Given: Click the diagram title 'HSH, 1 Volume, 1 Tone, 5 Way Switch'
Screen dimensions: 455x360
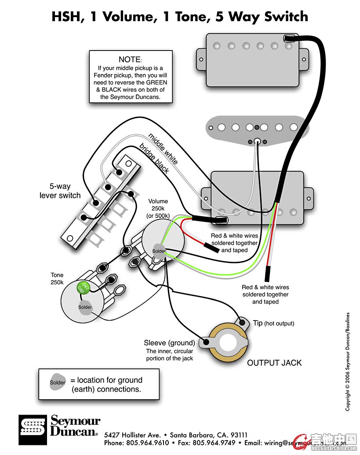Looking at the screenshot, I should pyautogui.click(x=180, y=17).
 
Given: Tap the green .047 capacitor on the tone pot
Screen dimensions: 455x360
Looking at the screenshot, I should pyautogui.click(x=82, y=287).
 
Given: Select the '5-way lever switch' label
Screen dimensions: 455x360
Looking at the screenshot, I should pyautogui.click(x=60, y=191).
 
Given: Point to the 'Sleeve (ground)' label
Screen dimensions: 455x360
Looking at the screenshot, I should pyautogui.click(x=169, y=343).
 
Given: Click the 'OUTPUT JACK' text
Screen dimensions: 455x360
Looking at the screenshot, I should pyautogui.click(x=274, y=363).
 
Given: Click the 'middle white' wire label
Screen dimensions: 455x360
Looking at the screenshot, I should pyautogui.click(x=163, y=148).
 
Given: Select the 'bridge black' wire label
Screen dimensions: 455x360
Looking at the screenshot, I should pyautogui.click(x=154, y=158).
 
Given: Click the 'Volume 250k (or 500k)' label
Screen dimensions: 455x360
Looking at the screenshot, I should pyautogui.click(x=158, y=209).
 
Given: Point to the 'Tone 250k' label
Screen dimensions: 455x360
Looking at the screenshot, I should pyautogui.click(x=57, y=278).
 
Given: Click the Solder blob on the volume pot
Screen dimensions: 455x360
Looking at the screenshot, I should pyautogui.click(x=159, y=251).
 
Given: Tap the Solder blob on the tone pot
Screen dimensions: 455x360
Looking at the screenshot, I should pyautogui.click(x=85, y=307).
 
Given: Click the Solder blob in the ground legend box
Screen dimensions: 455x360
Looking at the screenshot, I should pyautogui.click(x=58, y=383).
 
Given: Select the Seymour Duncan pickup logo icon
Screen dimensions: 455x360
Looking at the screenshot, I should pyautogui.click(x=32, y=430).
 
